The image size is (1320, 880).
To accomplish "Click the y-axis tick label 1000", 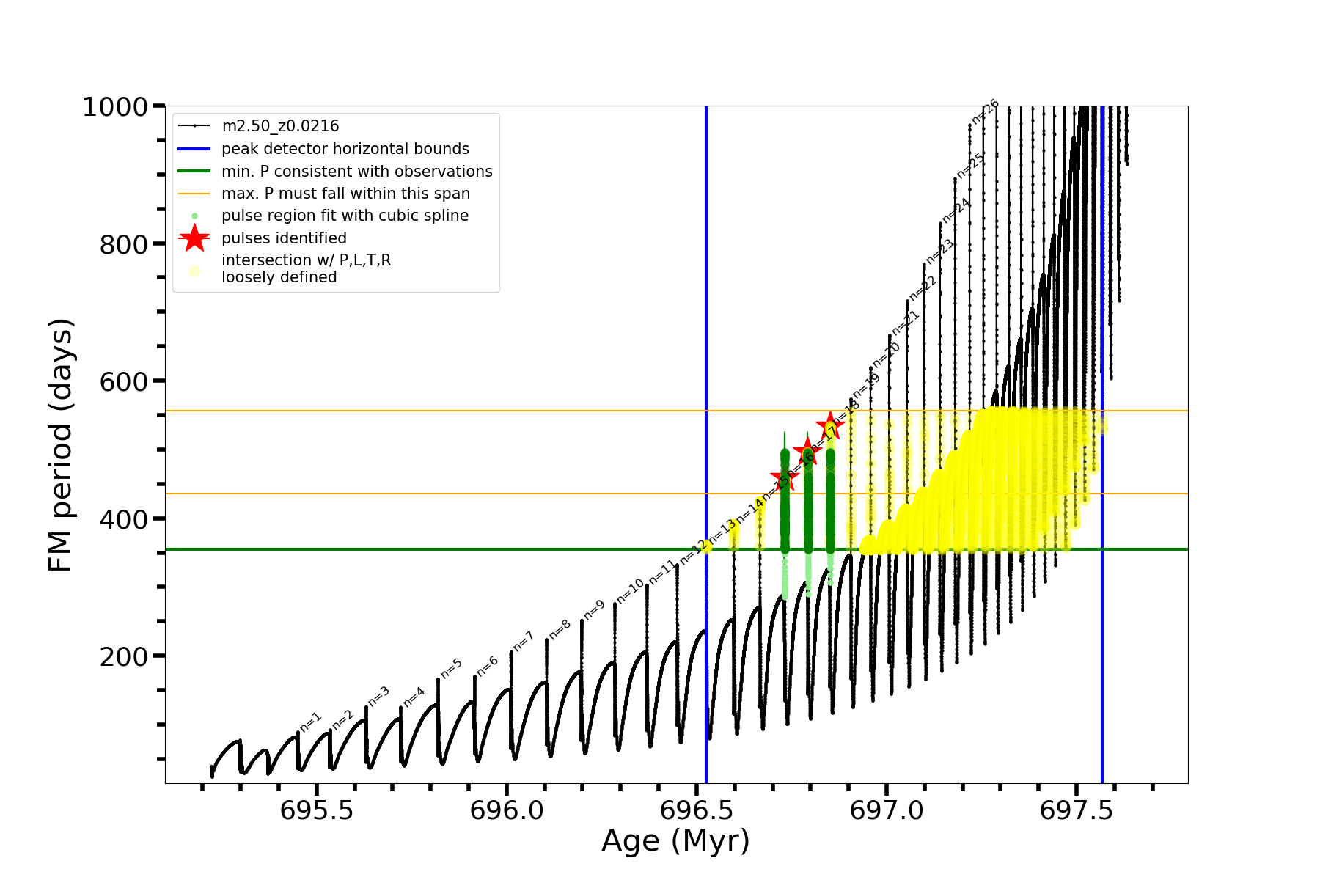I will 115,108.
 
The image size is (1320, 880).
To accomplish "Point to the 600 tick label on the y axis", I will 124,382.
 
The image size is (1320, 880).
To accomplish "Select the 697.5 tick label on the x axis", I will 1077,810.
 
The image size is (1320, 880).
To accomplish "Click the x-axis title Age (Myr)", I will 675,841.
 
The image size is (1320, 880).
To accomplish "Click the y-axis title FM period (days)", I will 61,444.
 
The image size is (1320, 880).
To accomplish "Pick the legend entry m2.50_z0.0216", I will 280,126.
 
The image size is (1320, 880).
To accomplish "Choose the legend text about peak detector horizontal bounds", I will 345,149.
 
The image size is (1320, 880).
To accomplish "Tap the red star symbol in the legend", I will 194,238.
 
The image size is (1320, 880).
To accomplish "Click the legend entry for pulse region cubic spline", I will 345,216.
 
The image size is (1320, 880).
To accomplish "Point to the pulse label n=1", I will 310,722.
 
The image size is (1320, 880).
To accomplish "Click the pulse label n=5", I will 451,668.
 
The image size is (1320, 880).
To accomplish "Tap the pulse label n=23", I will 939,252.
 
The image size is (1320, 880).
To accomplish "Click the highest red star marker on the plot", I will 830,425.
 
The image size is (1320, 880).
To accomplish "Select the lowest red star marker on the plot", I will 785,479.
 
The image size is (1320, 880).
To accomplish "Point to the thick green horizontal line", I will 440,549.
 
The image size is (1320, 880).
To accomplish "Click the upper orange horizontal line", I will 440,411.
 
